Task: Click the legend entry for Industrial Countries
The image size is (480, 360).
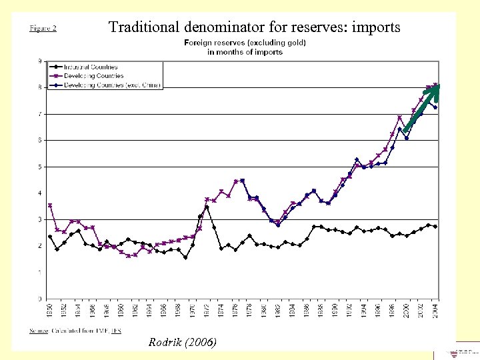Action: click(91, 67)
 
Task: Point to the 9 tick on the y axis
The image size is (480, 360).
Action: click(40, 61)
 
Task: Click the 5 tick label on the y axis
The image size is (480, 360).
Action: click(40, 167)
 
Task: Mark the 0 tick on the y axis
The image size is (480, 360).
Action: click(40, 299)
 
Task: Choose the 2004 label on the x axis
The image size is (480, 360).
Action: click(435, 311)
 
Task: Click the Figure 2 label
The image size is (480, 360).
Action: click(43, 28)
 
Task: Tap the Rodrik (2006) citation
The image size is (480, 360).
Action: click(183, 342)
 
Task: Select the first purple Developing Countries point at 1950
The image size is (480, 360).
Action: click(50, 205)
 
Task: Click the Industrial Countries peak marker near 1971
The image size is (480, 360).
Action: click(207, 207)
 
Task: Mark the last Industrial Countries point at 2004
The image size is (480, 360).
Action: click(435, 227)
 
